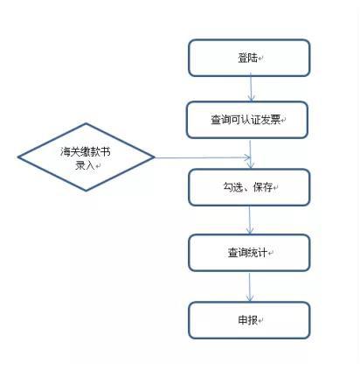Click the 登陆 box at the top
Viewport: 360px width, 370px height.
click(x=249, y=58)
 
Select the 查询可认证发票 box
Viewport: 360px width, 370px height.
click(x=247, y=120)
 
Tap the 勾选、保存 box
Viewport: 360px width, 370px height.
click(x=249, y=187)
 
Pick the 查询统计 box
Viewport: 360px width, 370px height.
click(x=249, y=253)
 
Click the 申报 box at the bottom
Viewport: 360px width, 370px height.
click(x=249, y=320)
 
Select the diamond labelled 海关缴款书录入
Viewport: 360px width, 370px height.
click(x=86, y=157)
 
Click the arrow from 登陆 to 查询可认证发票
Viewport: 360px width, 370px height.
click(x=251, y=87)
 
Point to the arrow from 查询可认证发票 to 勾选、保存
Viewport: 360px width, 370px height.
click(x=251, y=154)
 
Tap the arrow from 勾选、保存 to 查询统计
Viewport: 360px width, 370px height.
click(x=250, y=220)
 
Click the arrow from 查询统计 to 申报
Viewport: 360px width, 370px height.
click(x=250, y=287)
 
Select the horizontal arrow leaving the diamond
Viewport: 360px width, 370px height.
click(x=203, y=157)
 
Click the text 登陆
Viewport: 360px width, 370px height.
click(x=248, y=59)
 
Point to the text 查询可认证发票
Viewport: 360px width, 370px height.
click(x=246, y=120)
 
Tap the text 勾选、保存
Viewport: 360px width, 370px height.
click(x=248, y=187)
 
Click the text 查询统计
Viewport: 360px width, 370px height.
click(x=247, y=253)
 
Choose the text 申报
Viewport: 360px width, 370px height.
click(x=248, y=320)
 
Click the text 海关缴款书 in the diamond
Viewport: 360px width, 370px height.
click(x=86, y=152)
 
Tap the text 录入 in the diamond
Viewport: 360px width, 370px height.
click(x=85, y=165)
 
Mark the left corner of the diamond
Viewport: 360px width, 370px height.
click(x=18, y=157)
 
